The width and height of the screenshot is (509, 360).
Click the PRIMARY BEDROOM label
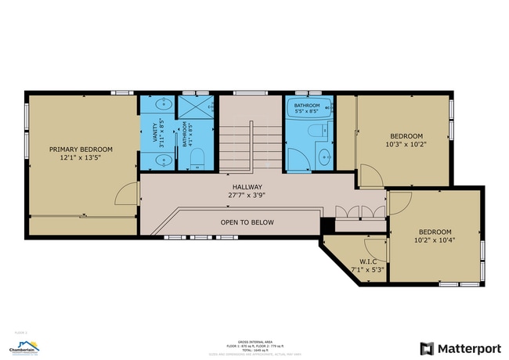pyautogui.click(x=81, y=149)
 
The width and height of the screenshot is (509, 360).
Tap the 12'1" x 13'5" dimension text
pyautogui.click(x=81, y=158)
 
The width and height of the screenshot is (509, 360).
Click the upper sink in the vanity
pyautogui.click(x=164, y=103)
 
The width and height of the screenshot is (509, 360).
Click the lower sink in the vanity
pyautogui.click(x=164, y=160)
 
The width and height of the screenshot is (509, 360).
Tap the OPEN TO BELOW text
pyautogui.click(x=247, y=222)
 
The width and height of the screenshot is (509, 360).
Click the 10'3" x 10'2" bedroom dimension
pyautogui.click(x=406, y=144)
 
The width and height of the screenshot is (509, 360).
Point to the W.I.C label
pyautogui.click(x=369, y=261)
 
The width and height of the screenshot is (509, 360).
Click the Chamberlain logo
pyautogui.click(x=23, y=345)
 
